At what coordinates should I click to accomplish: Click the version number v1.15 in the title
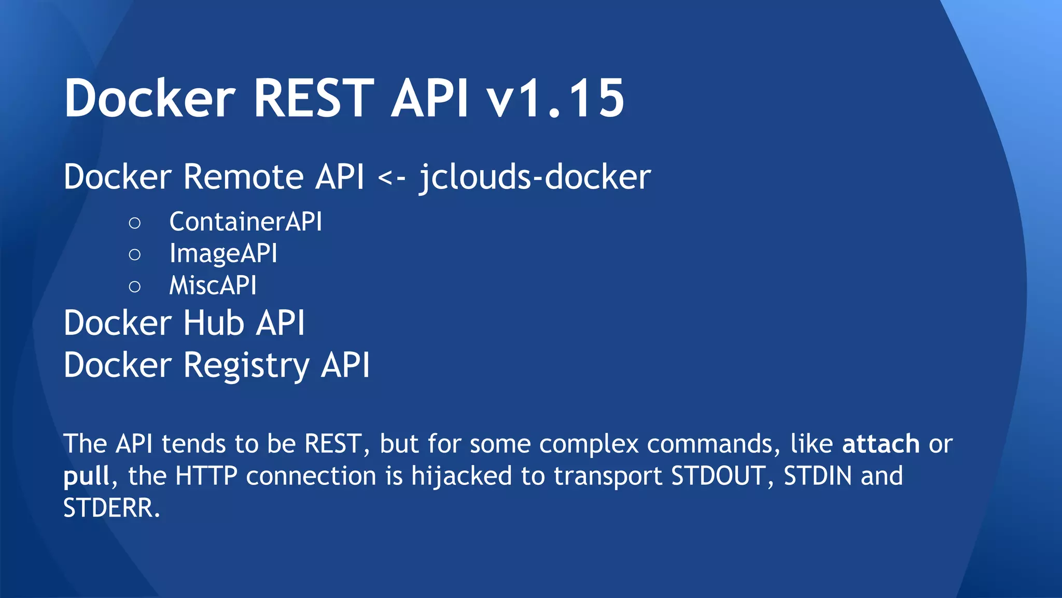pos(555,99)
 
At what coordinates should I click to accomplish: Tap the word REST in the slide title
pos(313,99)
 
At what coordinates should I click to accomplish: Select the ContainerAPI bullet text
pos(245,222)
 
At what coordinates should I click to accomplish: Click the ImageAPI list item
pos(223,254)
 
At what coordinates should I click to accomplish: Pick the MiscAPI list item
pos(213,286)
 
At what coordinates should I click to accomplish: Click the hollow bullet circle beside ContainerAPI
pos(134,223)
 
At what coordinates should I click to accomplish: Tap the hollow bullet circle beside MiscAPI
pos(134,287)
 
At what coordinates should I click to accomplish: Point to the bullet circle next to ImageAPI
pos(134,255)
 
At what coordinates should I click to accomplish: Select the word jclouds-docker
pos(535,177)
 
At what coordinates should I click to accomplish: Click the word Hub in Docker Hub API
pos(213,323)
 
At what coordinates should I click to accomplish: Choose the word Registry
pos(246,365)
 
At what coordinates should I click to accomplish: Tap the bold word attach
pos(881,444)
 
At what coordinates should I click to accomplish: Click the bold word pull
pos(87,477)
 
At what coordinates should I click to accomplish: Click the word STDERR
pos(111,508)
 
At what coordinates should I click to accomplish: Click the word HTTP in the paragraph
pos(206,476)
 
